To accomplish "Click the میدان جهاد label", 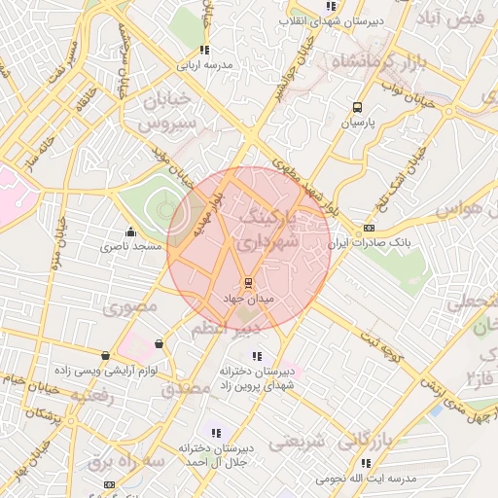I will [x=249, y=299].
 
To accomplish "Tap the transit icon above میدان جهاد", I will [x=249, y=284].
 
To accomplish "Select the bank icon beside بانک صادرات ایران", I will [x=368, y=229].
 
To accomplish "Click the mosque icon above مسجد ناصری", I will [x=130, y=232].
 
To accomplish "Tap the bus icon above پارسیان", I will [x=357, y=108].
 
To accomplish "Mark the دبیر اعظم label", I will [x=227, y=329].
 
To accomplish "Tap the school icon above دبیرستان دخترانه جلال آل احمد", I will [x=216, y=433].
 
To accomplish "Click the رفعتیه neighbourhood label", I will [x=97, y=397].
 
